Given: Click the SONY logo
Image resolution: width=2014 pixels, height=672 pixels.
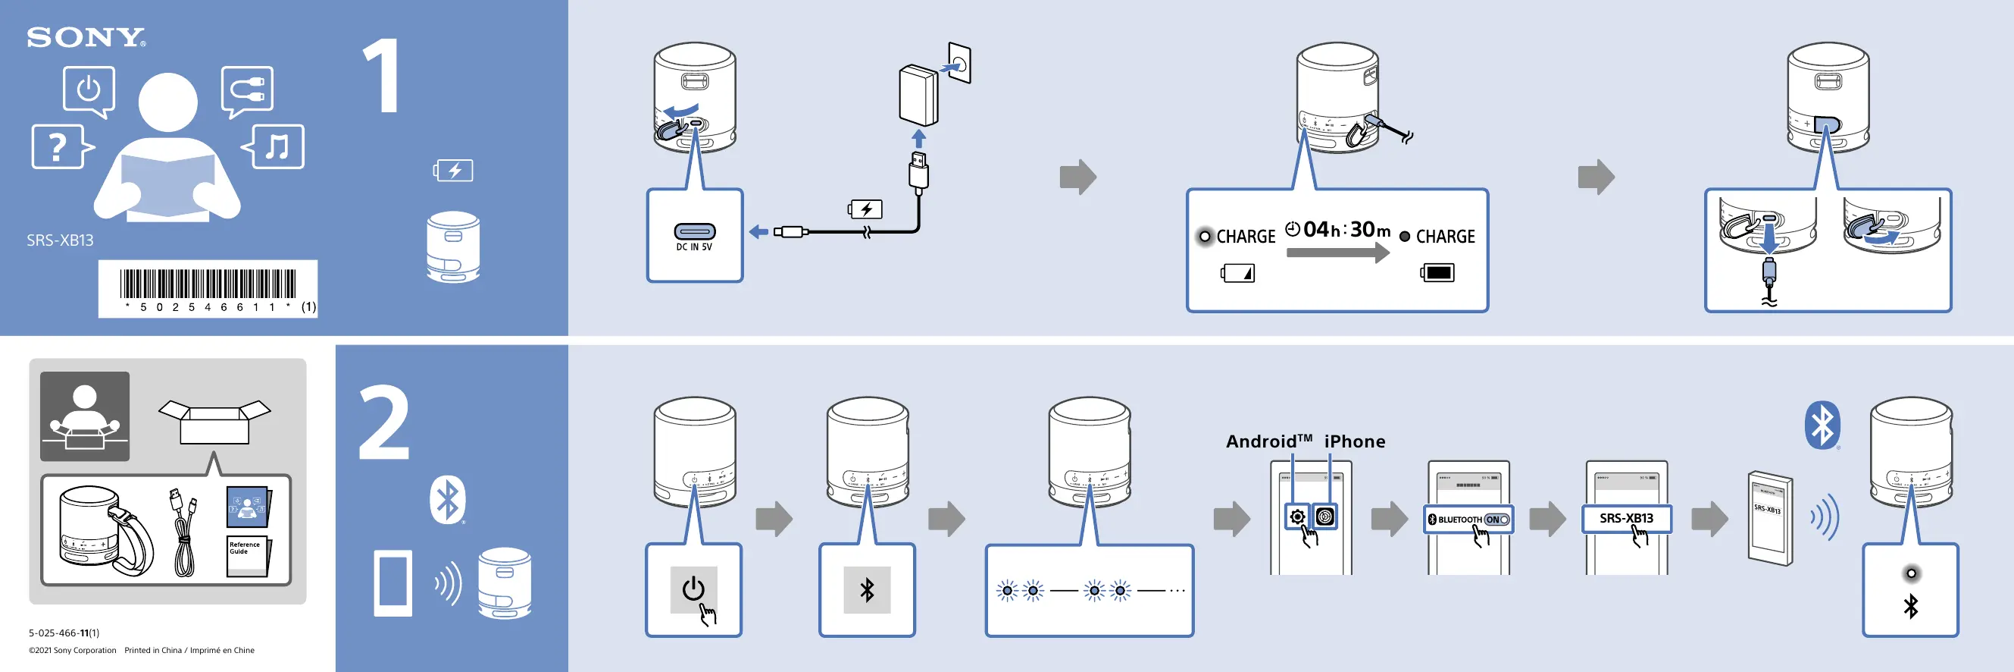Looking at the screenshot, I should (x=86, y=38).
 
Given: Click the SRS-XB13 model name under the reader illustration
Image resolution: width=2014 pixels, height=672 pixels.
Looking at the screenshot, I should (x=60, y=240).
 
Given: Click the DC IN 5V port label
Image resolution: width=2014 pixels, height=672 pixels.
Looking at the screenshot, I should (x=694, y=247).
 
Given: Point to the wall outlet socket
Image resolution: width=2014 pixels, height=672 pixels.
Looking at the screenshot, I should (x=960, y=64).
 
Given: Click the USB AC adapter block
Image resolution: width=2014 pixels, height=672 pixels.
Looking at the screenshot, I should (x=918, y=96).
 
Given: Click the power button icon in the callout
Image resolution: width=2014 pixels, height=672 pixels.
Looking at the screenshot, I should (x=693, y=589).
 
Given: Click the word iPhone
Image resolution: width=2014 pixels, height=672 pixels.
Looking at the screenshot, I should (x=1354, y=441).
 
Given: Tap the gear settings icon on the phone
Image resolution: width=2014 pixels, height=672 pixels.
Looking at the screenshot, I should (x=1297, y=517).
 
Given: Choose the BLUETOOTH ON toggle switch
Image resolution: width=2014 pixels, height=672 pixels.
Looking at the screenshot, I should (x=1496, y=520).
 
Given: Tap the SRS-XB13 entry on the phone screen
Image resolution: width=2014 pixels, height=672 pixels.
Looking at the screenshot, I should (x=1626, y=518).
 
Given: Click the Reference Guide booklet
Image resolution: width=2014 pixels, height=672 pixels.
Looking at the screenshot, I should (x=247, y=555).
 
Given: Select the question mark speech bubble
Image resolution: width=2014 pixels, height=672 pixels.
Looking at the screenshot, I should (x=58, y=146).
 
